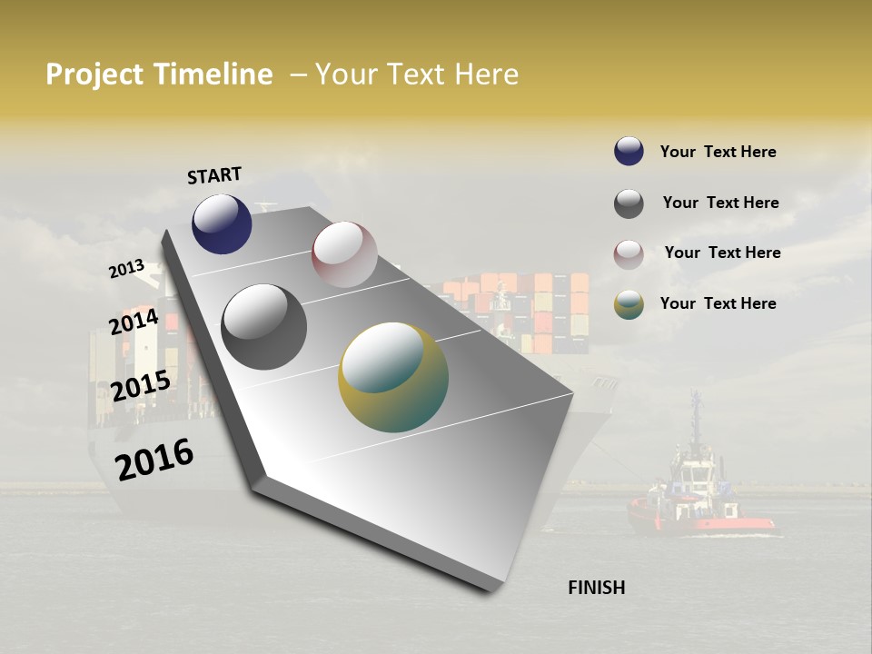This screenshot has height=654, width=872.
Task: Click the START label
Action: [214, 175]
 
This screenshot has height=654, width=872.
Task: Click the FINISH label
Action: [596, 588]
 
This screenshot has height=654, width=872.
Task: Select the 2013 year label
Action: [126, 269]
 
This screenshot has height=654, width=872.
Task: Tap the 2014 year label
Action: [134, 322]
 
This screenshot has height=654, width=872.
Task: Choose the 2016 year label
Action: [154, 459]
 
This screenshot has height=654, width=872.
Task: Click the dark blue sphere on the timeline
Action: [222, 223]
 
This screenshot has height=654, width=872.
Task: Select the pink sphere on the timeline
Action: [344, 254]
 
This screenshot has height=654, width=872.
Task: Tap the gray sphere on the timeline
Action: [264, 327]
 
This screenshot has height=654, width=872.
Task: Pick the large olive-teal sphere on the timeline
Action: [393, 377]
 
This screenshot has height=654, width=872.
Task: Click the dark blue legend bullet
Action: [629, 151]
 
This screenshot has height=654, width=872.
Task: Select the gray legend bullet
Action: [629, 203]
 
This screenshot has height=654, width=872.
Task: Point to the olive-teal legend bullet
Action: [629, 305]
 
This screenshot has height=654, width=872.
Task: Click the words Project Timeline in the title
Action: [159, 74]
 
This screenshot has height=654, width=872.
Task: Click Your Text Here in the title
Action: [417, 74]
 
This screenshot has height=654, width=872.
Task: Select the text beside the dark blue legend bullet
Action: [718, 152]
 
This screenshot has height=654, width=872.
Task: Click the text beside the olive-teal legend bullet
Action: [718, 303]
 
